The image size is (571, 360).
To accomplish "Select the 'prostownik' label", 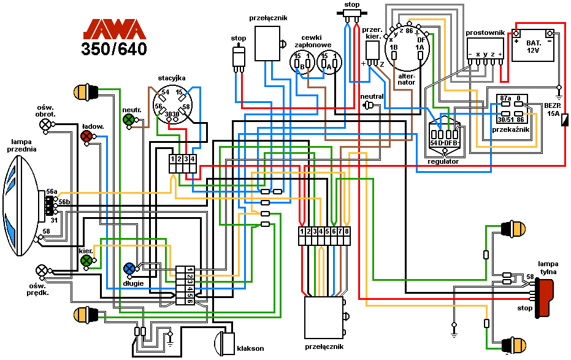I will pyautogui.click(x=485, y=32).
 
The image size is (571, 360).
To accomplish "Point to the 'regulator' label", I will pyautogui.click(x=443, y=161).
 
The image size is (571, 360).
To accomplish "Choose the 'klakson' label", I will pyautogui.click(x=250, y=348).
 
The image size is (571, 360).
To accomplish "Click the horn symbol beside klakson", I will pyautogui.click(x=224, y=342).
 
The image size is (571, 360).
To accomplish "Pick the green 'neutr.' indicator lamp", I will pyautogui.click(x=129, y=120).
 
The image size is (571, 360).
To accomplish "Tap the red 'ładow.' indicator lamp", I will pyautogui.click(x=87, y=136).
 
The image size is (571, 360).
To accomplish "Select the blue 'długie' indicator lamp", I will pyautogui.click(x=129, y=268).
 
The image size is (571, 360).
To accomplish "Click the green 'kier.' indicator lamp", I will pyautogui.click(x=86, y=261).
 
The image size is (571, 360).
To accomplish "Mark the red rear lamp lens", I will pyautogui.click(x=544, y=297).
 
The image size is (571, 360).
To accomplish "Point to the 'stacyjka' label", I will pyautogui.click(x=172, y=78).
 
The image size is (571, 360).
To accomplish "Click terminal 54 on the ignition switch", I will pyautogui.click(x=165, y=92).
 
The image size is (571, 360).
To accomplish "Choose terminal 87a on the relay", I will pyautogui.click(x=505, y=98).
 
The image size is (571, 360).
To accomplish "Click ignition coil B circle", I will pyautogui.click(x=299, y=63).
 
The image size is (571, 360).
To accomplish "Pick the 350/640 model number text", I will pyautogui.click(x=115, y=49).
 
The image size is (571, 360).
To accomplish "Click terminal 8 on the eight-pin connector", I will pyautogui.click(x=347, y=231).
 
